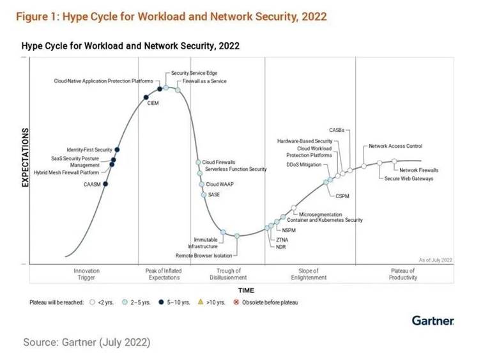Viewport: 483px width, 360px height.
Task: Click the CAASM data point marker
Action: click(105, 184)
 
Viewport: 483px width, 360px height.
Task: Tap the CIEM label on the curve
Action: click(153, 102)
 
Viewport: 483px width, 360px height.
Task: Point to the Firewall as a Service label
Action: click(204, 81)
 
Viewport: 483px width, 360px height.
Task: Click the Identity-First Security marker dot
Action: click(117, 150)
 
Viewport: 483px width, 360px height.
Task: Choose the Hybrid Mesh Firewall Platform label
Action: click(66, 173)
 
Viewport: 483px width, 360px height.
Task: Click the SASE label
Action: click(213, 194)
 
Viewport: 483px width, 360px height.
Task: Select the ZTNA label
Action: click(282, 239)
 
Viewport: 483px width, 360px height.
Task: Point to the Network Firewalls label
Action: click(419, 170)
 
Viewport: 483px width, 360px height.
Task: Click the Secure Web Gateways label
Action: click(409, 178)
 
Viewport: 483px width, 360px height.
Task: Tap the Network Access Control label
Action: click(395, 146)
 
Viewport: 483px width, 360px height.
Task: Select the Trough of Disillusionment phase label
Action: click(228, 274)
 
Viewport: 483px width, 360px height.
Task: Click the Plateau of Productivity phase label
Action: click(402, 274)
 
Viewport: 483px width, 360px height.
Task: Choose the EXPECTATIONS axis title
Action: click(26, 157)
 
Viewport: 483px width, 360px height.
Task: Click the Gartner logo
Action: click(433, 320)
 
